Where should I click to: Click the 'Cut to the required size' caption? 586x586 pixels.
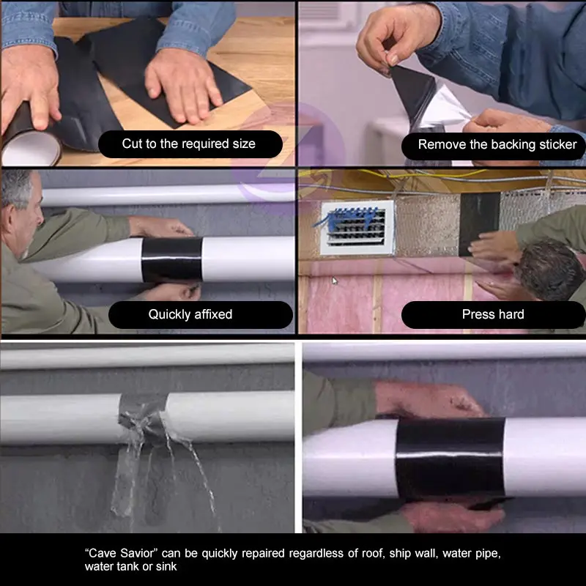tap(189, 144)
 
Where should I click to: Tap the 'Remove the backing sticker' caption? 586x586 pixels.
tap(497, 144)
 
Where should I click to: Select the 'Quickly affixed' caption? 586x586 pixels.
tap(190, 314)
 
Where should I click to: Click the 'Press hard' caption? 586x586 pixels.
tap(493, 314)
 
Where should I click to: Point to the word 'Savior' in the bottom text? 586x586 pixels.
tap(136, 553)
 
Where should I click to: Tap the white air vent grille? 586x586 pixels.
tap(357, 228)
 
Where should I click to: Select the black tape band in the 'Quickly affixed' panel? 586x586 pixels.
tap(172, 260)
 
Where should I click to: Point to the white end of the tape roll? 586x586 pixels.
tap(31, 149)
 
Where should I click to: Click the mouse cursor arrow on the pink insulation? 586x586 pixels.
tap(335, 281)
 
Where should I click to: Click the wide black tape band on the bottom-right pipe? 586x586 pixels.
tap(450, 459)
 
